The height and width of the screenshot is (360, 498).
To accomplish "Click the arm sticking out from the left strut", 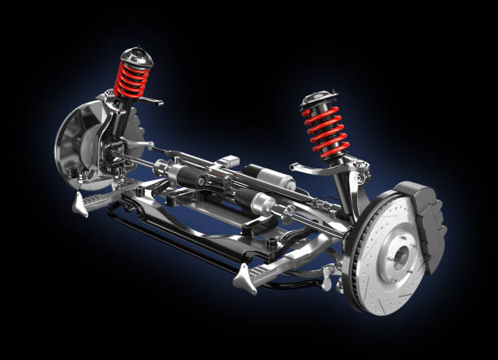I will coord(151,99).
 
